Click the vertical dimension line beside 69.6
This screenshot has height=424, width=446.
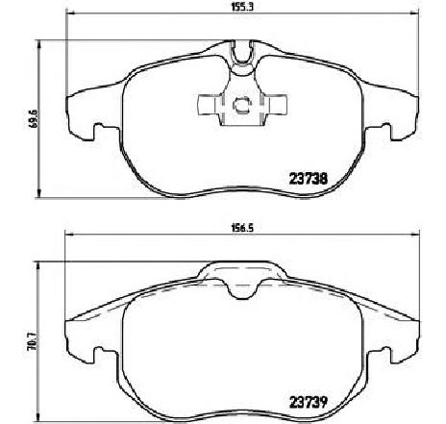coord(39,114)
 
